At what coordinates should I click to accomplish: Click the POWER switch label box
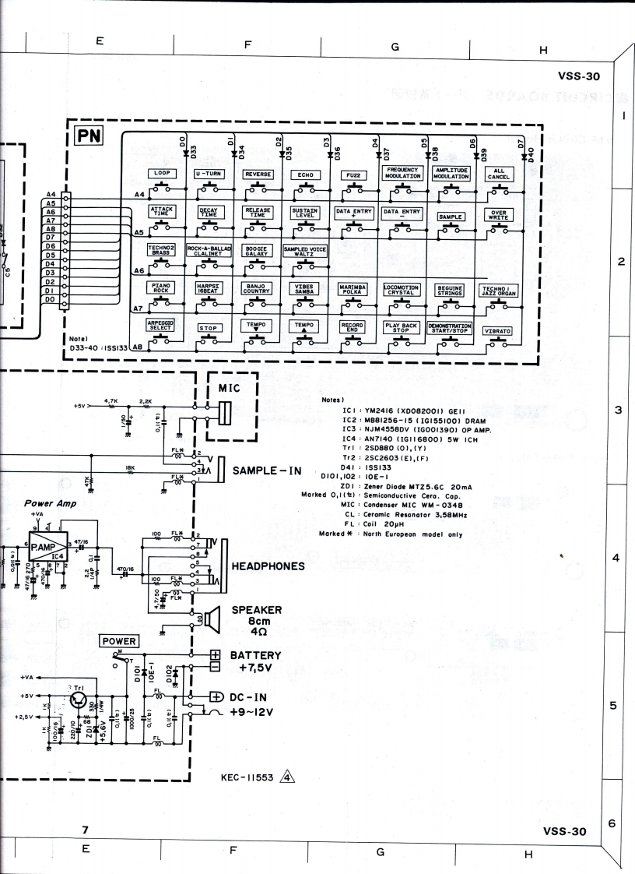pyautogui.click(x=119, y=641)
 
